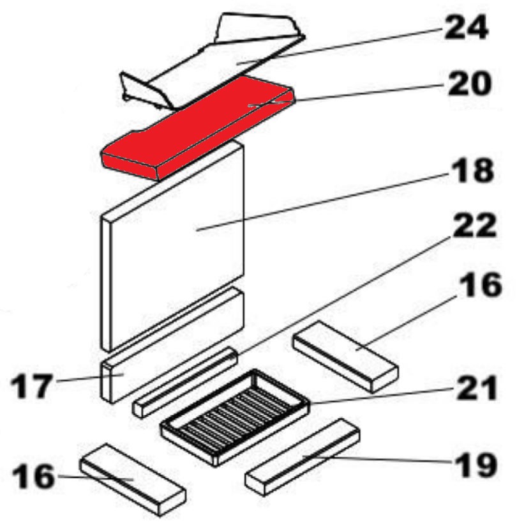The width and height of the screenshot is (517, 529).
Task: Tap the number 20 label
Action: click(x=468, y=83)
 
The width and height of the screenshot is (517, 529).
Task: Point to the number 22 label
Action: click(x=474, y=226)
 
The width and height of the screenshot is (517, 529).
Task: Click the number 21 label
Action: click(x=476, y=388)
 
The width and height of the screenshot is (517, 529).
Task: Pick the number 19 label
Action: click(x=476, y=465)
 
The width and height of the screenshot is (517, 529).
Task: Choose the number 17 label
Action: click(x=32, y=386)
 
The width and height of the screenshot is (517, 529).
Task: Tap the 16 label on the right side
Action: click(x=481, y=285)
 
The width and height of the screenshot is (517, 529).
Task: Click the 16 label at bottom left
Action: click(x=33, y=476)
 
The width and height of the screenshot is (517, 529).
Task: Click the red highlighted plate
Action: click(x=198, y=127)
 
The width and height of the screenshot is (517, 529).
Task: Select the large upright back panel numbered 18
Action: click(x=172, y=246)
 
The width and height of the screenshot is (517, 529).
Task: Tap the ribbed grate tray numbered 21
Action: click(x=236, y=418)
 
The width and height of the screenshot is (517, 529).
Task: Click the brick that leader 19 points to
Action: click(x=303, y=457)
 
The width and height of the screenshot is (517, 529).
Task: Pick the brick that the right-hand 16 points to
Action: click(x=346, y=357)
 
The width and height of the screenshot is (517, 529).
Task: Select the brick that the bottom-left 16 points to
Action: click(x=133, y=480)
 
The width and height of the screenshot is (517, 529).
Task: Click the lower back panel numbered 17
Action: click(x=172, y=345)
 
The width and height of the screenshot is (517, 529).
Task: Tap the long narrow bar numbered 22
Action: click(x=185, y=382)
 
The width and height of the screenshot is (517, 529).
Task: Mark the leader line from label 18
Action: click(x=324, y=202)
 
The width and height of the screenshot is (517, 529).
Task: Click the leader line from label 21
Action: click(x=382, y=395)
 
